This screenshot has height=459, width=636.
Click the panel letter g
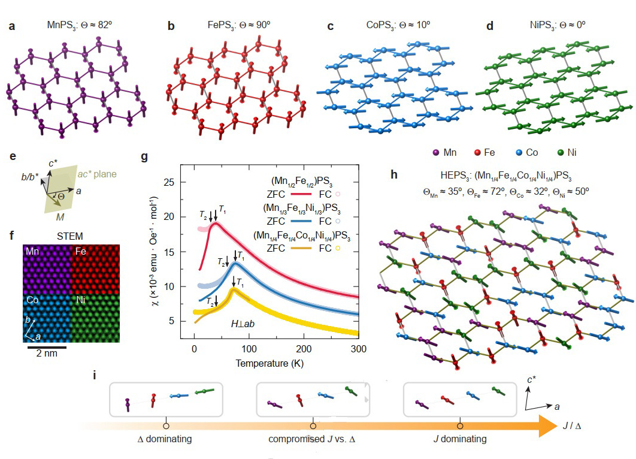click(144, 158)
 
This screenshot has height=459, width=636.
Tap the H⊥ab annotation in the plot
click(243, 324)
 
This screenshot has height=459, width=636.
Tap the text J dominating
click(459, 439)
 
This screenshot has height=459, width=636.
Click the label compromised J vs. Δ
click(312, 439)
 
